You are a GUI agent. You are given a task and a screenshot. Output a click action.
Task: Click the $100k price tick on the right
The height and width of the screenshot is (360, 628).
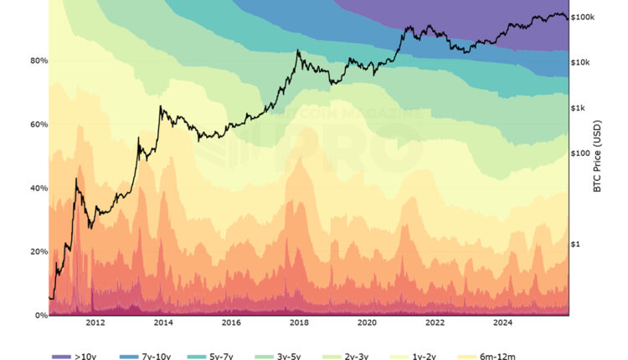point(582,17)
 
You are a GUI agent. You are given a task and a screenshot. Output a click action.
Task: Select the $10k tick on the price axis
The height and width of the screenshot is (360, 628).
point(581,63)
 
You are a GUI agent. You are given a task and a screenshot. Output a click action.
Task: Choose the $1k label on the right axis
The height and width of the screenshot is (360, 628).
point(579,108)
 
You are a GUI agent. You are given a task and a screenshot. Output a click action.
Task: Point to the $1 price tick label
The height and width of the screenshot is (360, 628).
point(576,244)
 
